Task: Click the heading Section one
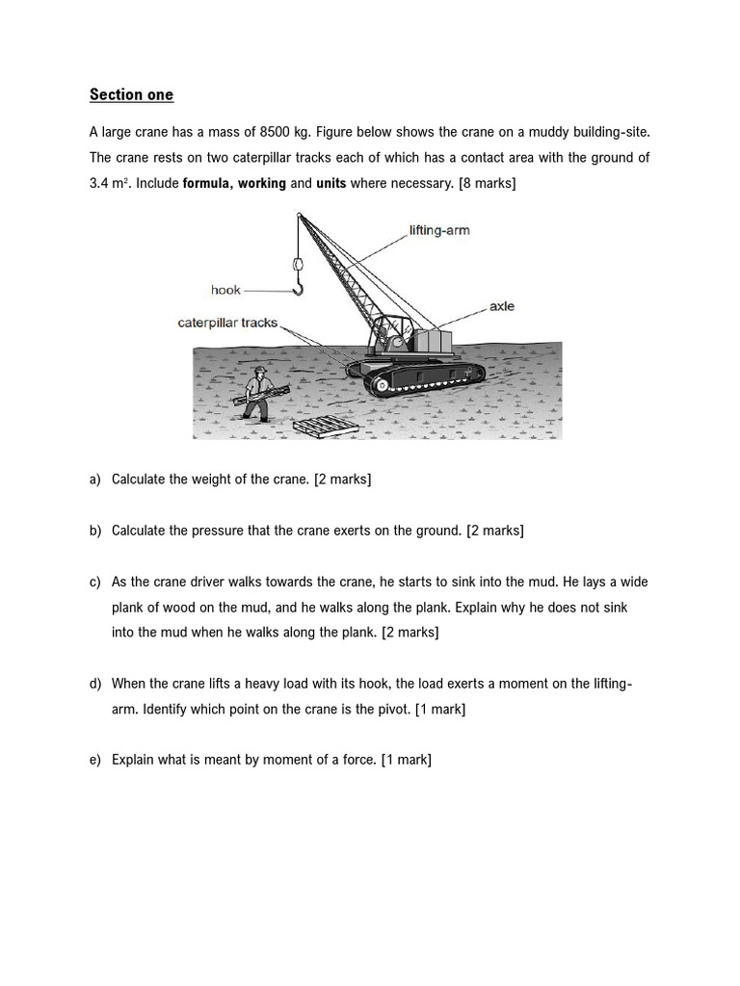131,94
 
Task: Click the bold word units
330,183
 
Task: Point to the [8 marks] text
487,183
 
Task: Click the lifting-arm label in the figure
439,231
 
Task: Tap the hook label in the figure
225,290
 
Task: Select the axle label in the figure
502,306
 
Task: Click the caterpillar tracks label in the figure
227,324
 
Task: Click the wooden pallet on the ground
323,427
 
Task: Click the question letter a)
95,480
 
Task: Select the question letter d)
95,684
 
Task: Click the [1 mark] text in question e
406,760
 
